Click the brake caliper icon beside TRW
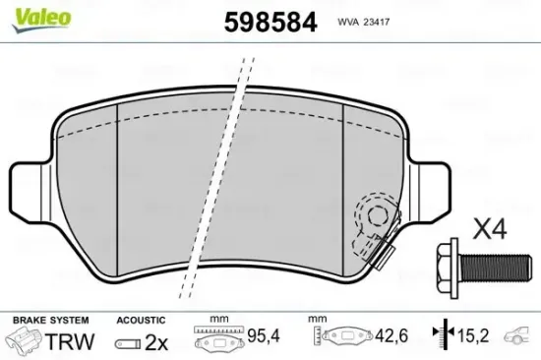click(26, 340)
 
